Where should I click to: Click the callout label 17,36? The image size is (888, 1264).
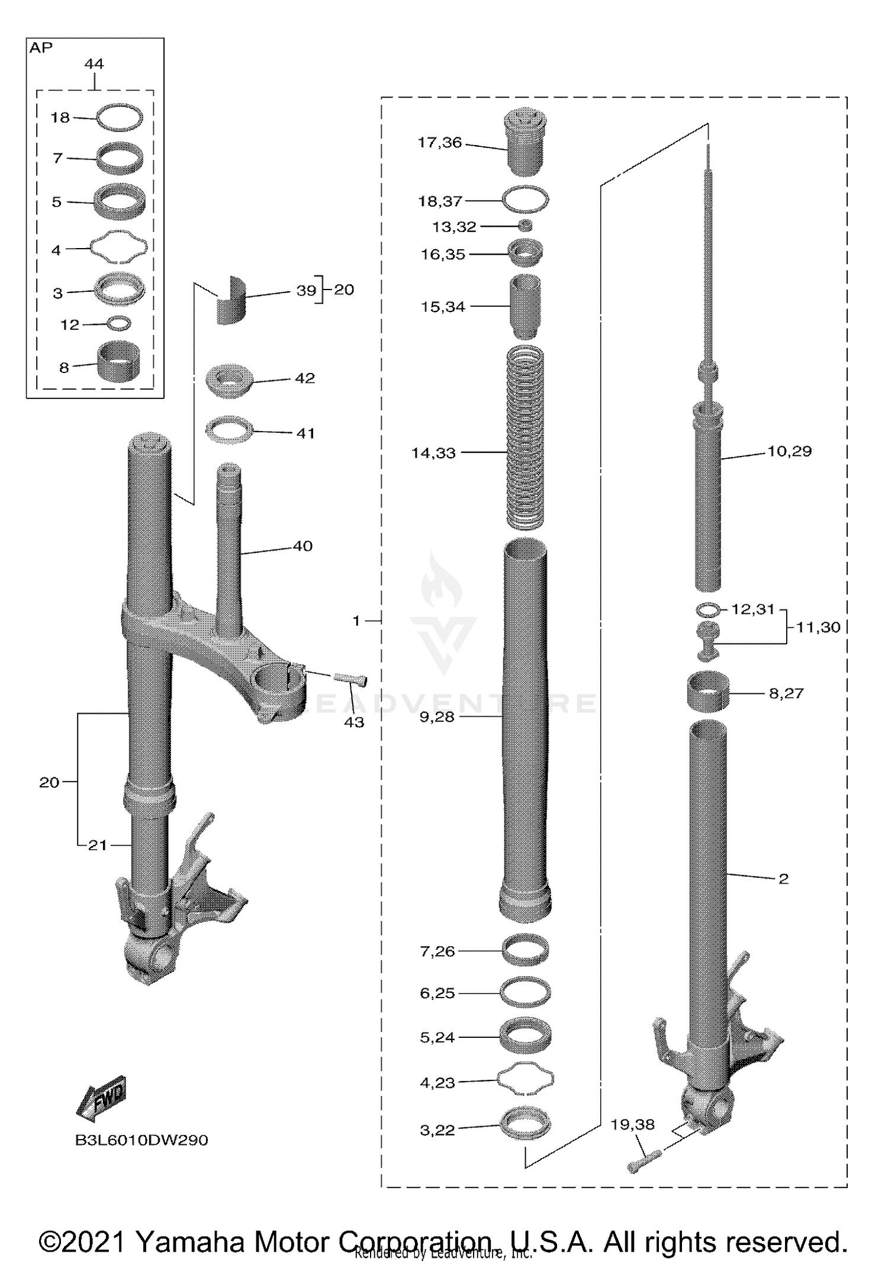point(439,143)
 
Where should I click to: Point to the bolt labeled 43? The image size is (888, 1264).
point(351,679)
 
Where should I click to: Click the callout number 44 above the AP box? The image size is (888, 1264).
point(94,64)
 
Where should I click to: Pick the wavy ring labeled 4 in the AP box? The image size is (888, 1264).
point(118,246)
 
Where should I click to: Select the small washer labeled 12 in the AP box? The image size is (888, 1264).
point(119,324)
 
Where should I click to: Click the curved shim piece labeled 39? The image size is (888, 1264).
point(230,300)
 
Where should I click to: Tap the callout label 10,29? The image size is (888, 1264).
point(790,451)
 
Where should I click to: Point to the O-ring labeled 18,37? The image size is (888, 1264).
point(525,199)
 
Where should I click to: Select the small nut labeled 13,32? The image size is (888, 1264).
point(525,226)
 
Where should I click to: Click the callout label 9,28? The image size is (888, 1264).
point(437,717)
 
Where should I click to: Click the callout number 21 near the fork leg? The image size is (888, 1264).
point(98,845)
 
